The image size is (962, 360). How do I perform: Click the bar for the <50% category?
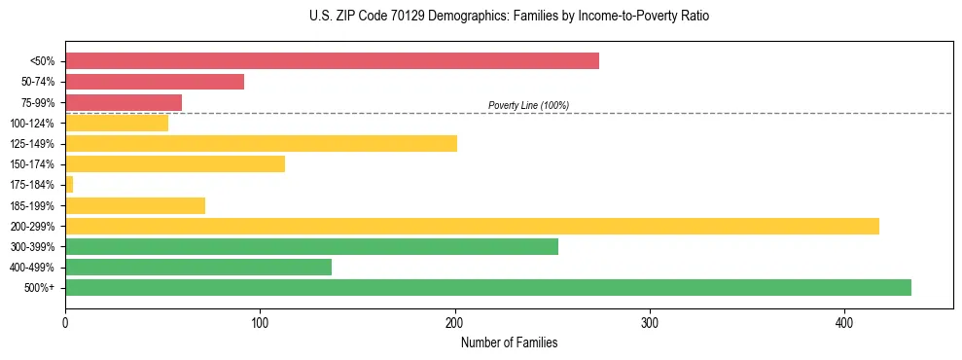(x=332, y=60)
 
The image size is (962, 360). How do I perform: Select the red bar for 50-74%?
(x=155, y=82)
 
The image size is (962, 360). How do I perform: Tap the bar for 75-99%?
(x=124, y=102)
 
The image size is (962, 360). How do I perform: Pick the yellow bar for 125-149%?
(x=261, y=144)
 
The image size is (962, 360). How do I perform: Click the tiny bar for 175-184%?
(x=69, y=184)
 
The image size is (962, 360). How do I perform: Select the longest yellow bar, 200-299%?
(x=472, y=226)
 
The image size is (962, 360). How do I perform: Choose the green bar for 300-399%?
(x=311, y=246)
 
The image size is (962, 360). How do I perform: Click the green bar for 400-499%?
(x=198, y=267)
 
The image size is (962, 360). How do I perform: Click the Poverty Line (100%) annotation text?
(x=528, y=106)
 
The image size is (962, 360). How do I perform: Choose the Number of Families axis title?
(x=509, y=342)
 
